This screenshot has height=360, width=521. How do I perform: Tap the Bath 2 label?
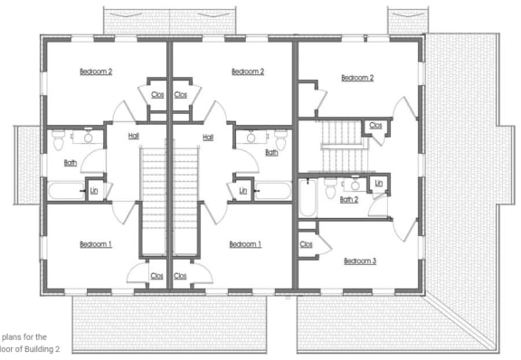349,199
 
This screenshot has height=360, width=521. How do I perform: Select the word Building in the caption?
40,348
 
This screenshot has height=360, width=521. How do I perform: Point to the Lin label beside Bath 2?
378,184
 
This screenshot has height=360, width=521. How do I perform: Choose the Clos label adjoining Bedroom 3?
306,244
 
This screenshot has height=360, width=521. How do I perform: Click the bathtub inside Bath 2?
307,198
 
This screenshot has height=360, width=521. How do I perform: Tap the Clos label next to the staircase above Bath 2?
375,126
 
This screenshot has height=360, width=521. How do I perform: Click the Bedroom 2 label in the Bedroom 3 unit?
356,78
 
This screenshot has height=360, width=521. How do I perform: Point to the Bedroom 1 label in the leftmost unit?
96,244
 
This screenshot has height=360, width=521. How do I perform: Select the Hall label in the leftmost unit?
134,137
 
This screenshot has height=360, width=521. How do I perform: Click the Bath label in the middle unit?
271,153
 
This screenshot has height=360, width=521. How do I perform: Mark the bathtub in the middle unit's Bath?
270,191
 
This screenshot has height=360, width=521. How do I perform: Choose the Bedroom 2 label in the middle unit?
247,71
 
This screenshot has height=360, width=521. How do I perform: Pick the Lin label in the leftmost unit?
93,190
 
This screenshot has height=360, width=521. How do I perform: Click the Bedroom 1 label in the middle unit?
244,244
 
